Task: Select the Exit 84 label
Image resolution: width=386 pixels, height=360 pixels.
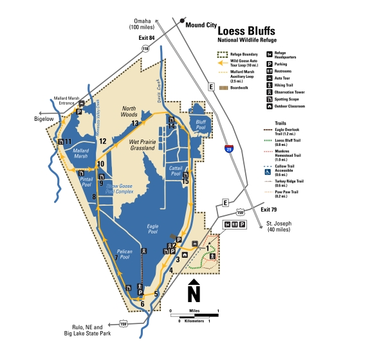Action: [147, 39]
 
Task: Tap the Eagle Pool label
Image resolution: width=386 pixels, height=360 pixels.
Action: [152, 229]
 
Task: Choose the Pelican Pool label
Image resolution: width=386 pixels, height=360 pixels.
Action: [125, 254]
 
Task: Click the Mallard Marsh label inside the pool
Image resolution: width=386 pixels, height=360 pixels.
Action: [80, 153]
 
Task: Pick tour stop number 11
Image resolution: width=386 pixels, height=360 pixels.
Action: [67, 142]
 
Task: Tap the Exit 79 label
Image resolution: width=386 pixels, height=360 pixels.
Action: [269, 210]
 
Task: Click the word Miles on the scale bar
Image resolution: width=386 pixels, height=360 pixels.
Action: [194, 310]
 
